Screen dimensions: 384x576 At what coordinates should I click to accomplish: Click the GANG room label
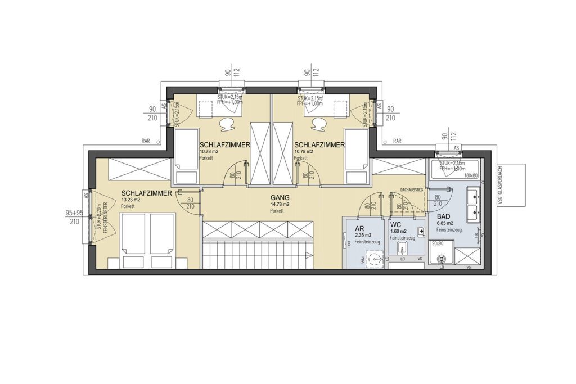click(x=280, y=198)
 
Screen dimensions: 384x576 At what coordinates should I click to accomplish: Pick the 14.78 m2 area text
click(x=279, y=205)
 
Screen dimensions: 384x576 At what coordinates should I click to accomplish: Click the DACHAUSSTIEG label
click(x=411, y=191)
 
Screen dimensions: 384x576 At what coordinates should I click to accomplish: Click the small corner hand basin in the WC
click(x=420, y=231)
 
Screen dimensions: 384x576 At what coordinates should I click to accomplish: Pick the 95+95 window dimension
click(x=74, y=213)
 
